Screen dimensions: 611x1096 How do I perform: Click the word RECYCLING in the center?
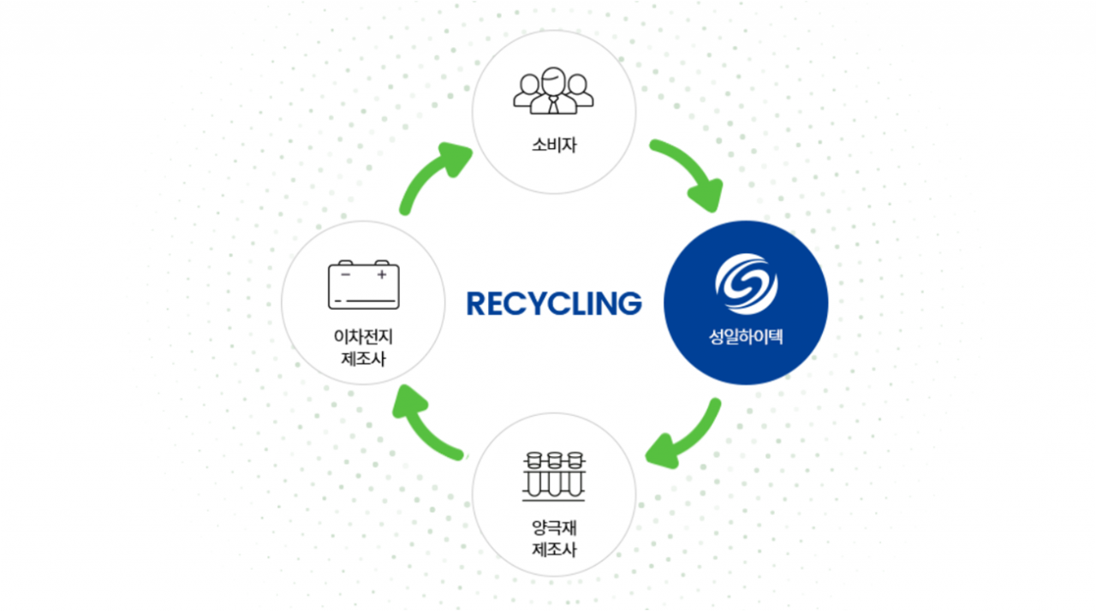click(x=553, y=303)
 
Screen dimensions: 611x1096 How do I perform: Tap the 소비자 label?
click(x=553, y=145)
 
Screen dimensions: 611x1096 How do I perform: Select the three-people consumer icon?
click(x=553, y=92)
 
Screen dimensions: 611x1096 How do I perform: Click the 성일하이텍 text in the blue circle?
click(x=746, y=339)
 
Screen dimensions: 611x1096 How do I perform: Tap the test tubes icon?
click(x=553, y=475)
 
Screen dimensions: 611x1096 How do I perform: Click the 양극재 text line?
click(x=553, y=528)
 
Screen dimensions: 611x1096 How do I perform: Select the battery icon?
click(x=363, y=285)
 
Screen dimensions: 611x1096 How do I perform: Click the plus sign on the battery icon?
click(x=382, y=276)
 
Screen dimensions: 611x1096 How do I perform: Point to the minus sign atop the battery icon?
click(x=345, y=276)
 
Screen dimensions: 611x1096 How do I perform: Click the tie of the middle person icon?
click(x=553, y=104)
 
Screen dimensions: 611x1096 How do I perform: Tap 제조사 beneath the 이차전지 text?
click(x=363, y=359)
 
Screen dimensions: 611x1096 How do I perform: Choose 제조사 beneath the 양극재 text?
click(x=553, y=549)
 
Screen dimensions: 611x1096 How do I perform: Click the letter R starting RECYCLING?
click(x=477, y=303)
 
